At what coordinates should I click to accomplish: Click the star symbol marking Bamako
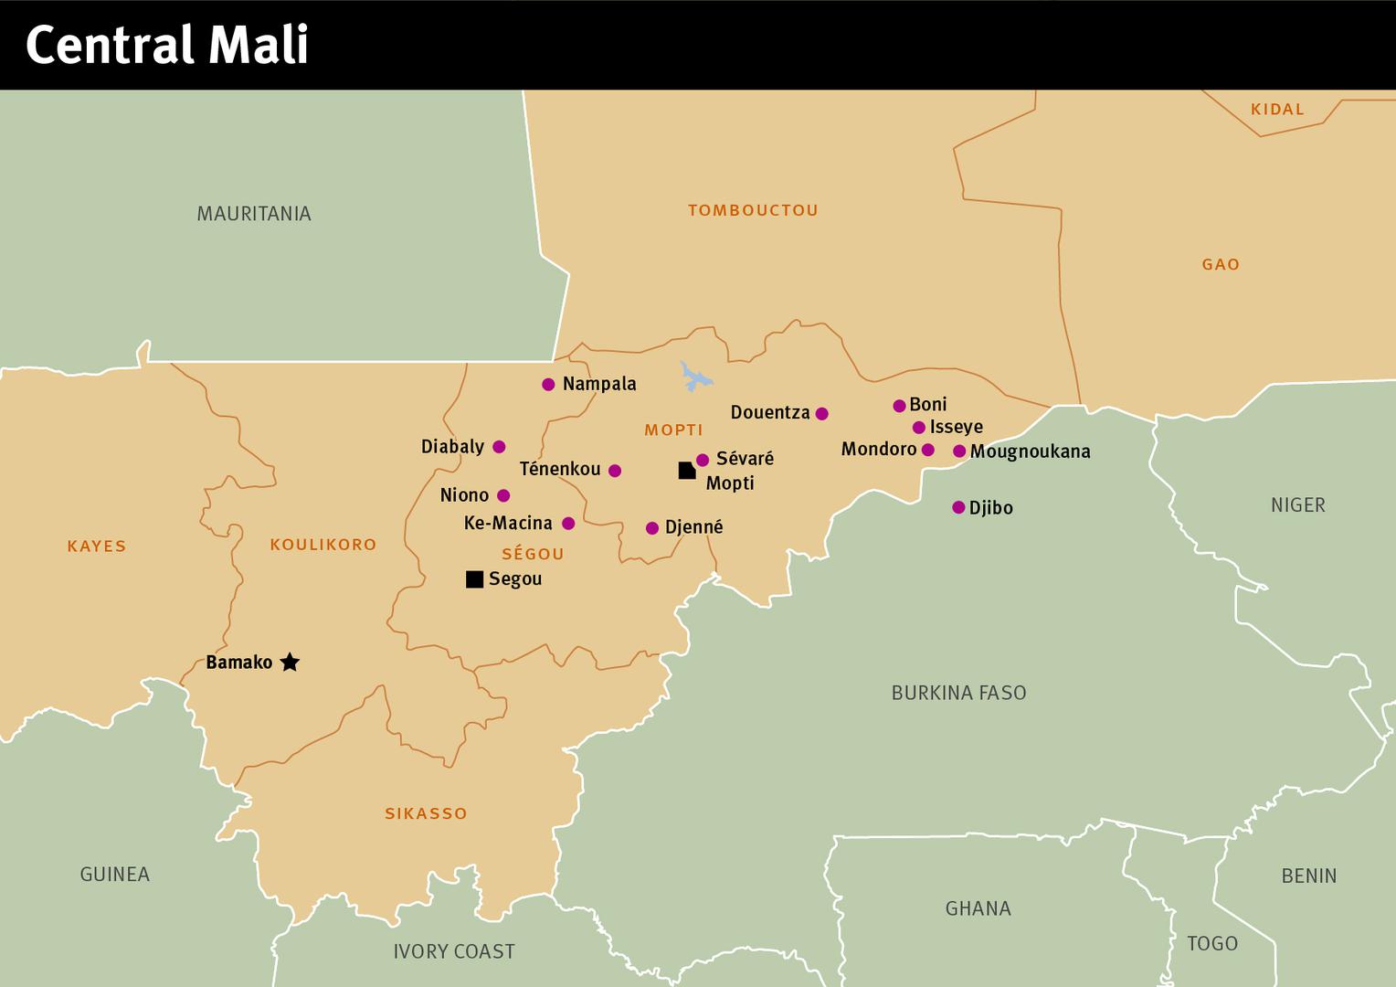point(290,663)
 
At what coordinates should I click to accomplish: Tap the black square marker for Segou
point(474,579)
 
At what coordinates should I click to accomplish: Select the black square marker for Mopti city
point(687,471)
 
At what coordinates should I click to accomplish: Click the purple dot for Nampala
point(548,385)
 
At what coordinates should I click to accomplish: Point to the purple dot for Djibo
point(958,507)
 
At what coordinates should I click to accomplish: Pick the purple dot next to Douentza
point(821,414)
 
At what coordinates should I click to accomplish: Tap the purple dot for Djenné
point(652,528)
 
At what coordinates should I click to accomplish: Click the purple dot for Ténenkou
point(615,471)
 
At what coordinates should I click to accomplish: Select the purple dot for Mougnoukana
point(959,451)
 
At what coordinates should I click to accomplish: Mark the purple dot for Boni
point(899,406)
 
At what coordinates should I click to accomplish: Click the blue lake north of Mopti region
point(695,377)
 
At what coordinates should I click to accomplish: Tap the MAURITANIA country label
point(254,214)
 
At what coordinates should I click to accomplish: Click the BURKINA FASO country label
point(958,693)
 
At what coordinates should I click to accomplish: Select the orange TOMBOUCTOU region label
point(753,210)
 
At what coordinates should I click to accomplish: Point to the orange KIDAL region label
point(1277,110)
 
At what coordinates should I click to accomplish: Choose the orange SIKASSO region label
point(426,813)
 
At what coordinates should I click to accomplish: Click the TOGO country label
point(1211,943)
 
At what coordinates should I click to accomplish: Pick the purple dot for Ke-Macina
point(568,524)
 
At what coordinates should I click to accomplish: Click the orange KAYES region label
point(97,547)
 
